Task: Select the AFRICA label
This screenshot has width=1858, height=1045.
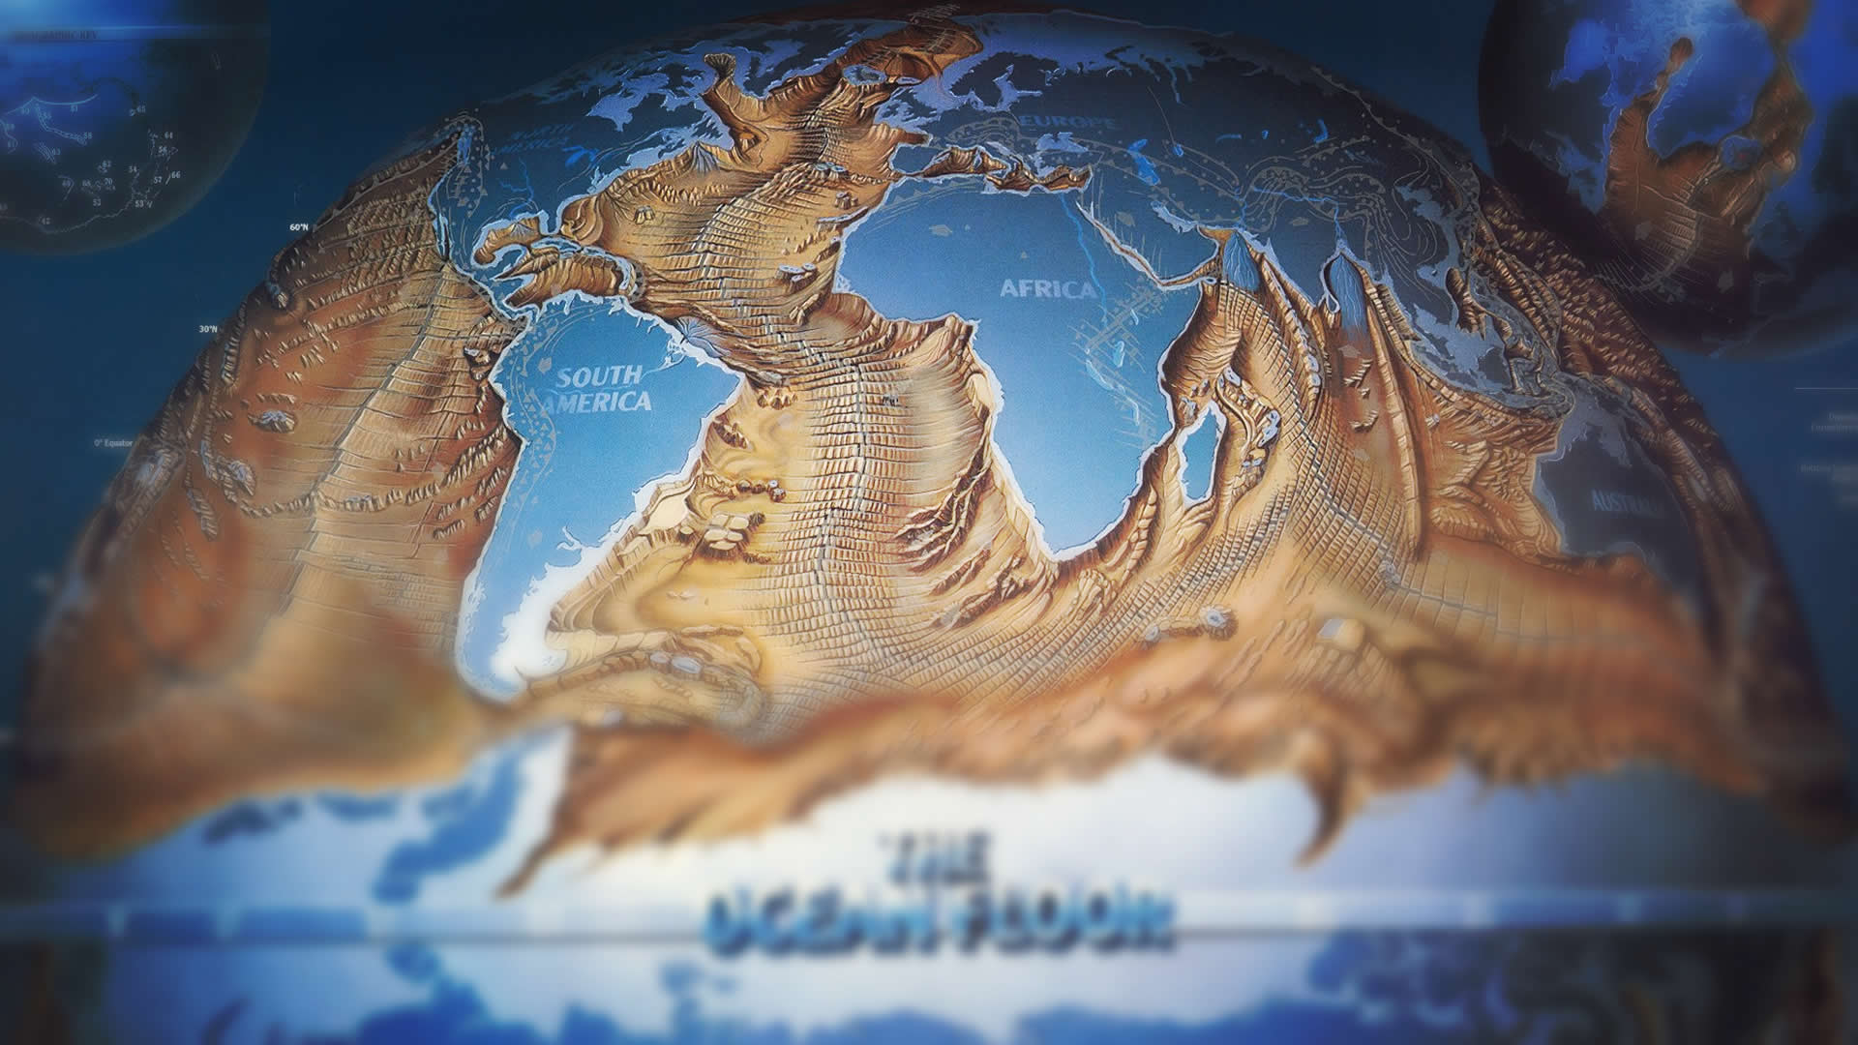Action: pyautogui.click(x=1047, y=289)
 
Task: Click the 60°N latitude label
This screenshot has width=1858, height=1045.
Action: pyautogui.click(x=298, y=227)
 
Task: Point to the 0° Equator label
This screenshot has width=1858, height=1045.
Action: pyautogui.click(x=112, y=443)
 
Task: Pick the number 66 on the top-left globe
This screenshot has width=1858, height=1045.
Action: pyautogui.click(x=175, y=175)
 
